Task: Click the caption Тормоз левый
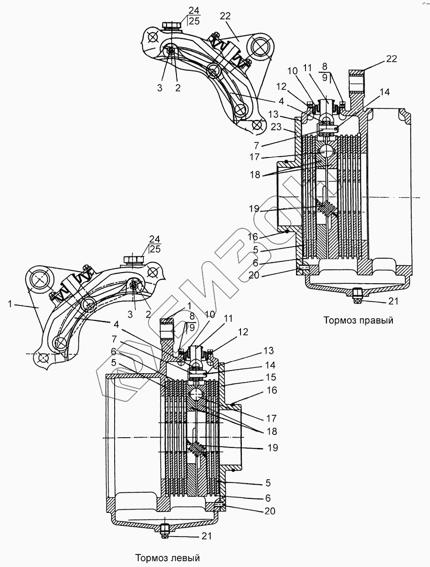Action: [167, 558]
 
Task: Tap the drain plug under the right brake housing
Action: [357, 294]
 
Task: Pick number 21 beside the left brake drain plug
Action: [206, 536]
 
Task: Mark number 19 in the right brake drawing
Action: [254, 209]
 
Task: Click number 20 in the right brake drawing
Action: [254, 276]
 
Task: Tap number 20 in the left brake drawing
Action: [270, 511]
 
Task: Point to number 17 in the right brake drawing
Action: [254, 158]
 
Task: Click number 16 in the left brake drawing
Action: [271, 391]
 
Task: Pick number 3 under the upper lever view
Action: [159, 88]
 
